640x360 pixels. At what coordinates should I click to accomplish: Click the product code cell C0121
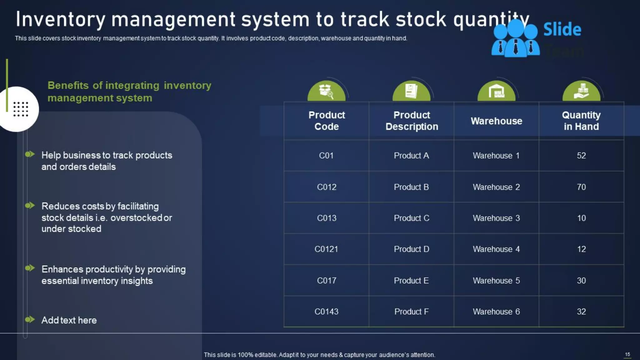point(326,249)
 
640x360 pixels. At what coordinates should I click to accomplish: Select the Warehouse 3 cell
point(496,218)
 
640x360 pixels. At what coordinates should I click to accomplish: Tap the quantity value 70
point(581,187)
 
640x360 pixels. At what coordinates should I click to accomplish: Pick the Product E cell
point(411,281)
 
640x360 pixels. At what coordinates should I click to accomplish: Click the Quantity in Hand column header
point(581,121)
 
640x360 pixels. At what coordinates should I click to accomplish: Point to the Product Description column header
point(412,121)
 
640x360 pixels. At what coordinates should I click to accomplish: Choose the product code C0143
point(326,312)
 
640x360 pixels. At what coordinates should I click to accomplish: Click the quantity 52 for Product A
point(581,156)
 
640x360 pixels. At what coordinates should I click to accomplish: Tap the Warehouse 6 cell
point(496,312)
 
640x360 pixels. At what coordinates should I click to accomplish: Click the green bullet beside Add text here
point(30,319)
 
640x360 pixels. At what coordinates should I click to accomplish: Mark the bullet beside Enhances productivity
point(30,268)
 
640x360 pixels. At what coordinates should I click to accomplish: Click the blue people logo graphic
point(516,39)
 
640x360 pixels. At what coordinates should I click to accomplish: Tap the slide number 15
point(627,354)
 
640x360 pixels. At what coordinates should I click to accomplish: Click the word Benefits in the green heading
point(68,85)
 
